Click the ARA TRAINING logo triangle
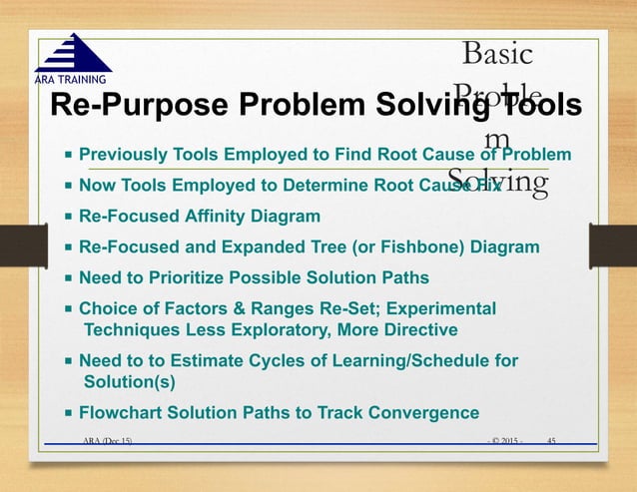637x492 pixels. coord(73,53)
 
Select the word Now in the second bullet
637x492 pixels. coord(98,185)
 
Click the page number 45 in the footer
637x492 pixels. coord(552,440)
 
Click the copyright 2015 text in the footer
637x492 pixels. coord(505,440)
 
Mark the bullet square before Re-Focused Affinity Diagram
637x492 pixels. coord(68,217)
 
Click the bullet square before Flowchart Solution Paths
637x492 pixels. coord(68,413)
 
